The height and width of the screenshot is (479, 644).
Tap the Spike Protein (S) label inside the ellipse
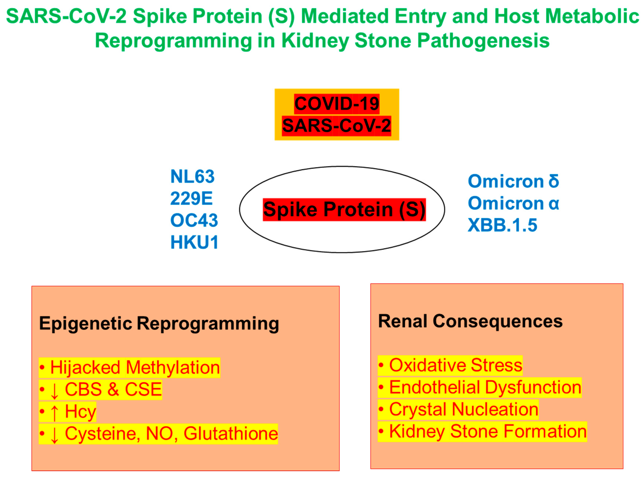[x=344, y=209]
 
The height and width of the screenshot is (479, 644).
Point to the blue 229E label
[x=191, y=198]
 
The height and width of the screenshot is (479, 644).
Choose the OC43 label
[x=194, y=220]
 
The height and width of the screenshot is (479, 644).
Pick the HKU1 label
[x=194, y=242]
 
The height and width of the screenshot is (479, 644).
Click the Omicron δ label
[x=513, y=181]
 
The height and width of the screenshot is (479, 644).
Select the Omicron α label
[x=513, y=203]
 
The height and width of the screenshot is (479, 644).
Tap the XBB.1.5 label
[x=502, y=225]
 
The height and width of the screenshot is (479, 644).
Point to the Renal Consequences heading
[x=470, y=321]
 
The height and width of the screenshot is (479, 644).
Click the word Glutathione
[x=230, y=433]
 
